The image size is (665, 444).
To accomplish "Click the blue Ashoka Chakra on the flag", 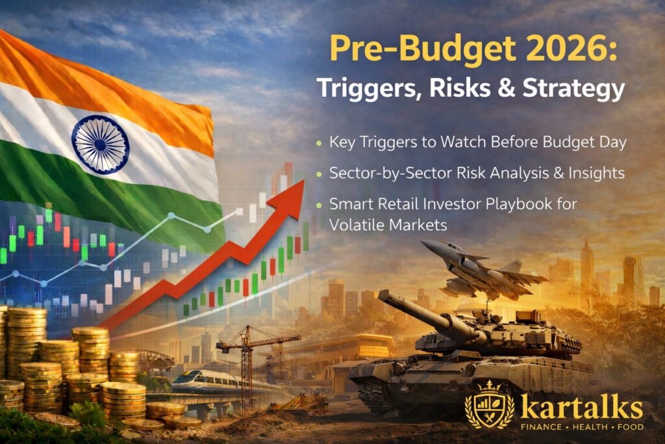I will click(x=100, y=144).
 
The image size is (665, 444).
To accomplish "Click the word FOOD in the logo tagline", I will click(x=629, y=427).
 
